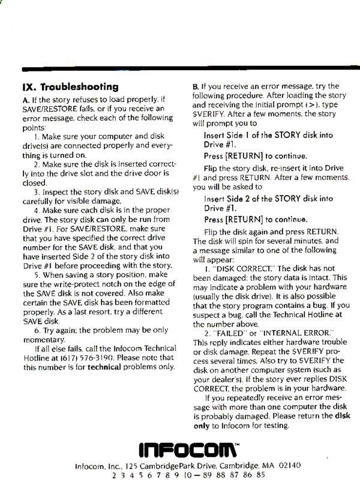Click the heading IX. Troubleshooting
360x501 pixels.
pyautogui.click(x=70, y=87)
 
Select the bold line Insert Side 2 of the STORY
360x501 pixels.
pyautogui.click(x=268, y=198)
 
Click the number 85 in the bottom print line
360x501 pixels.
pyautogui.click(x=260, y=475)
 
